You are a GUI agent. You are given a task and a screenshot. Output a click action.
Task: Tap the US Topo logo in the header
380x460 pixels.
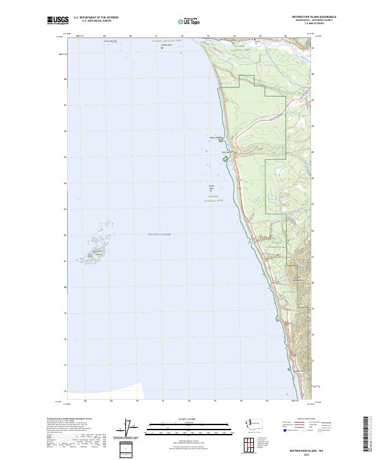pyautogui.click(x=191, y=20)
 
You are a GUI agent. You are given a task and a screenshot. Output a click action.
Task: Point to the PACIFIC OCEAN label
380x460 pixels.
pyautogui.click(x=160, y=235)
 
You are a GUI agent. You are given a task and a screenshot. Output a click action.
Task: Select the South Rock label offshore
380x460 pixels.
pyautogui.click(x=212, y=187)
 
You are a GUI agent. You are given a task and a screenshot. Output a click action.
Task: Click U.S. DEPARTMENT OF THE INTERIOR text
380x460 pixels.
pyautogui.click(x=96, y=17)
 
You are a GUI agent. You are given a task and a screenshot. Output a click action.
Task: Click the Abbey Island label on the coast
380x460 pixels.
pyautogui.click(x=216, y=136)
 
